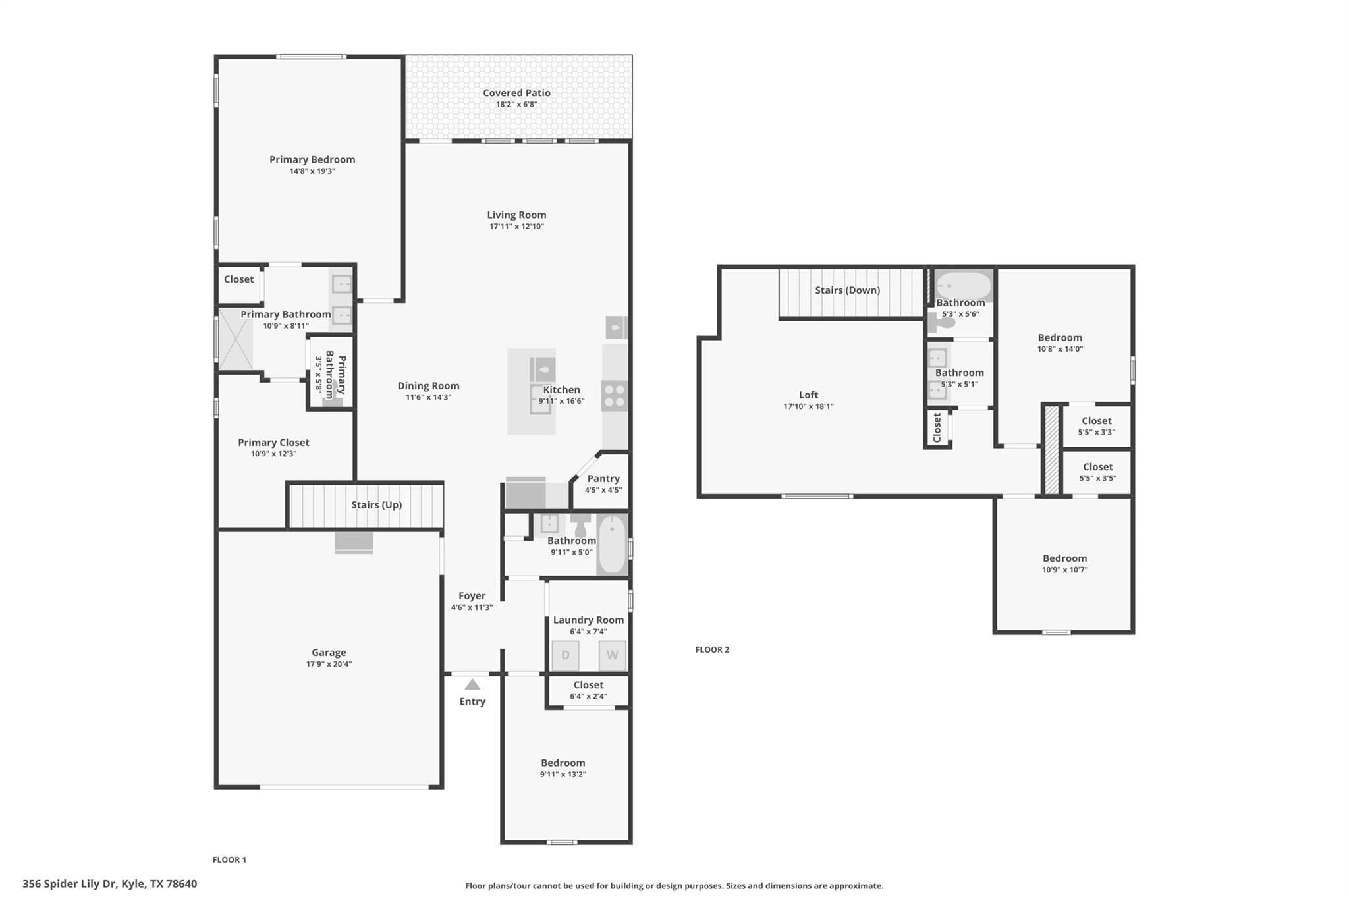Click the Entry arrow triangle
tap(472, 684)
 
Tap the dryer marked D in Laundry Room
tap(565, 655)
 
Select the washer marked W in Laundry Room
tap(612, 655)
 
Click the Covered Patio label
tap(516, 93)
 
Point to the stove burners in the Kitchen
tap(615, 395)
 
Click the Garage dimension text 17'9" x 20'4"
tap(329, 664)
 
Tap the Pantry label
tap(603, 479)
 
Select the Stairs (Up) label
tap(376, 504)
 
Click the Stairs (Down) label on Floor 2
tap(847, 290)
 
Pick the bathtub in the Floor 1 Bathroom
tap(613, 545)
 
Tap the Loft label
tap(808, 395)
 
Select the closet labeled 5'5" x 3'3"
tap(1096, 425)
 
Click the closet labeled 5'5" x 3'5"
tap(1097, 472)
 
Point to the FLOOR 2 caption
tap(712, 649)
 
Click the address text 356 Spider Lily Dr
tap(109, 884)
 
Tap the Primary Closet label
tap(273, 443)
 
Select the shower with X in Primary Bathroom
tap(236, 339)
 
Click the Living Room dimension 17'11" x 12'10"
tap(516, 227)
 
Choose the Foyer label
tap(472, 595)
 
